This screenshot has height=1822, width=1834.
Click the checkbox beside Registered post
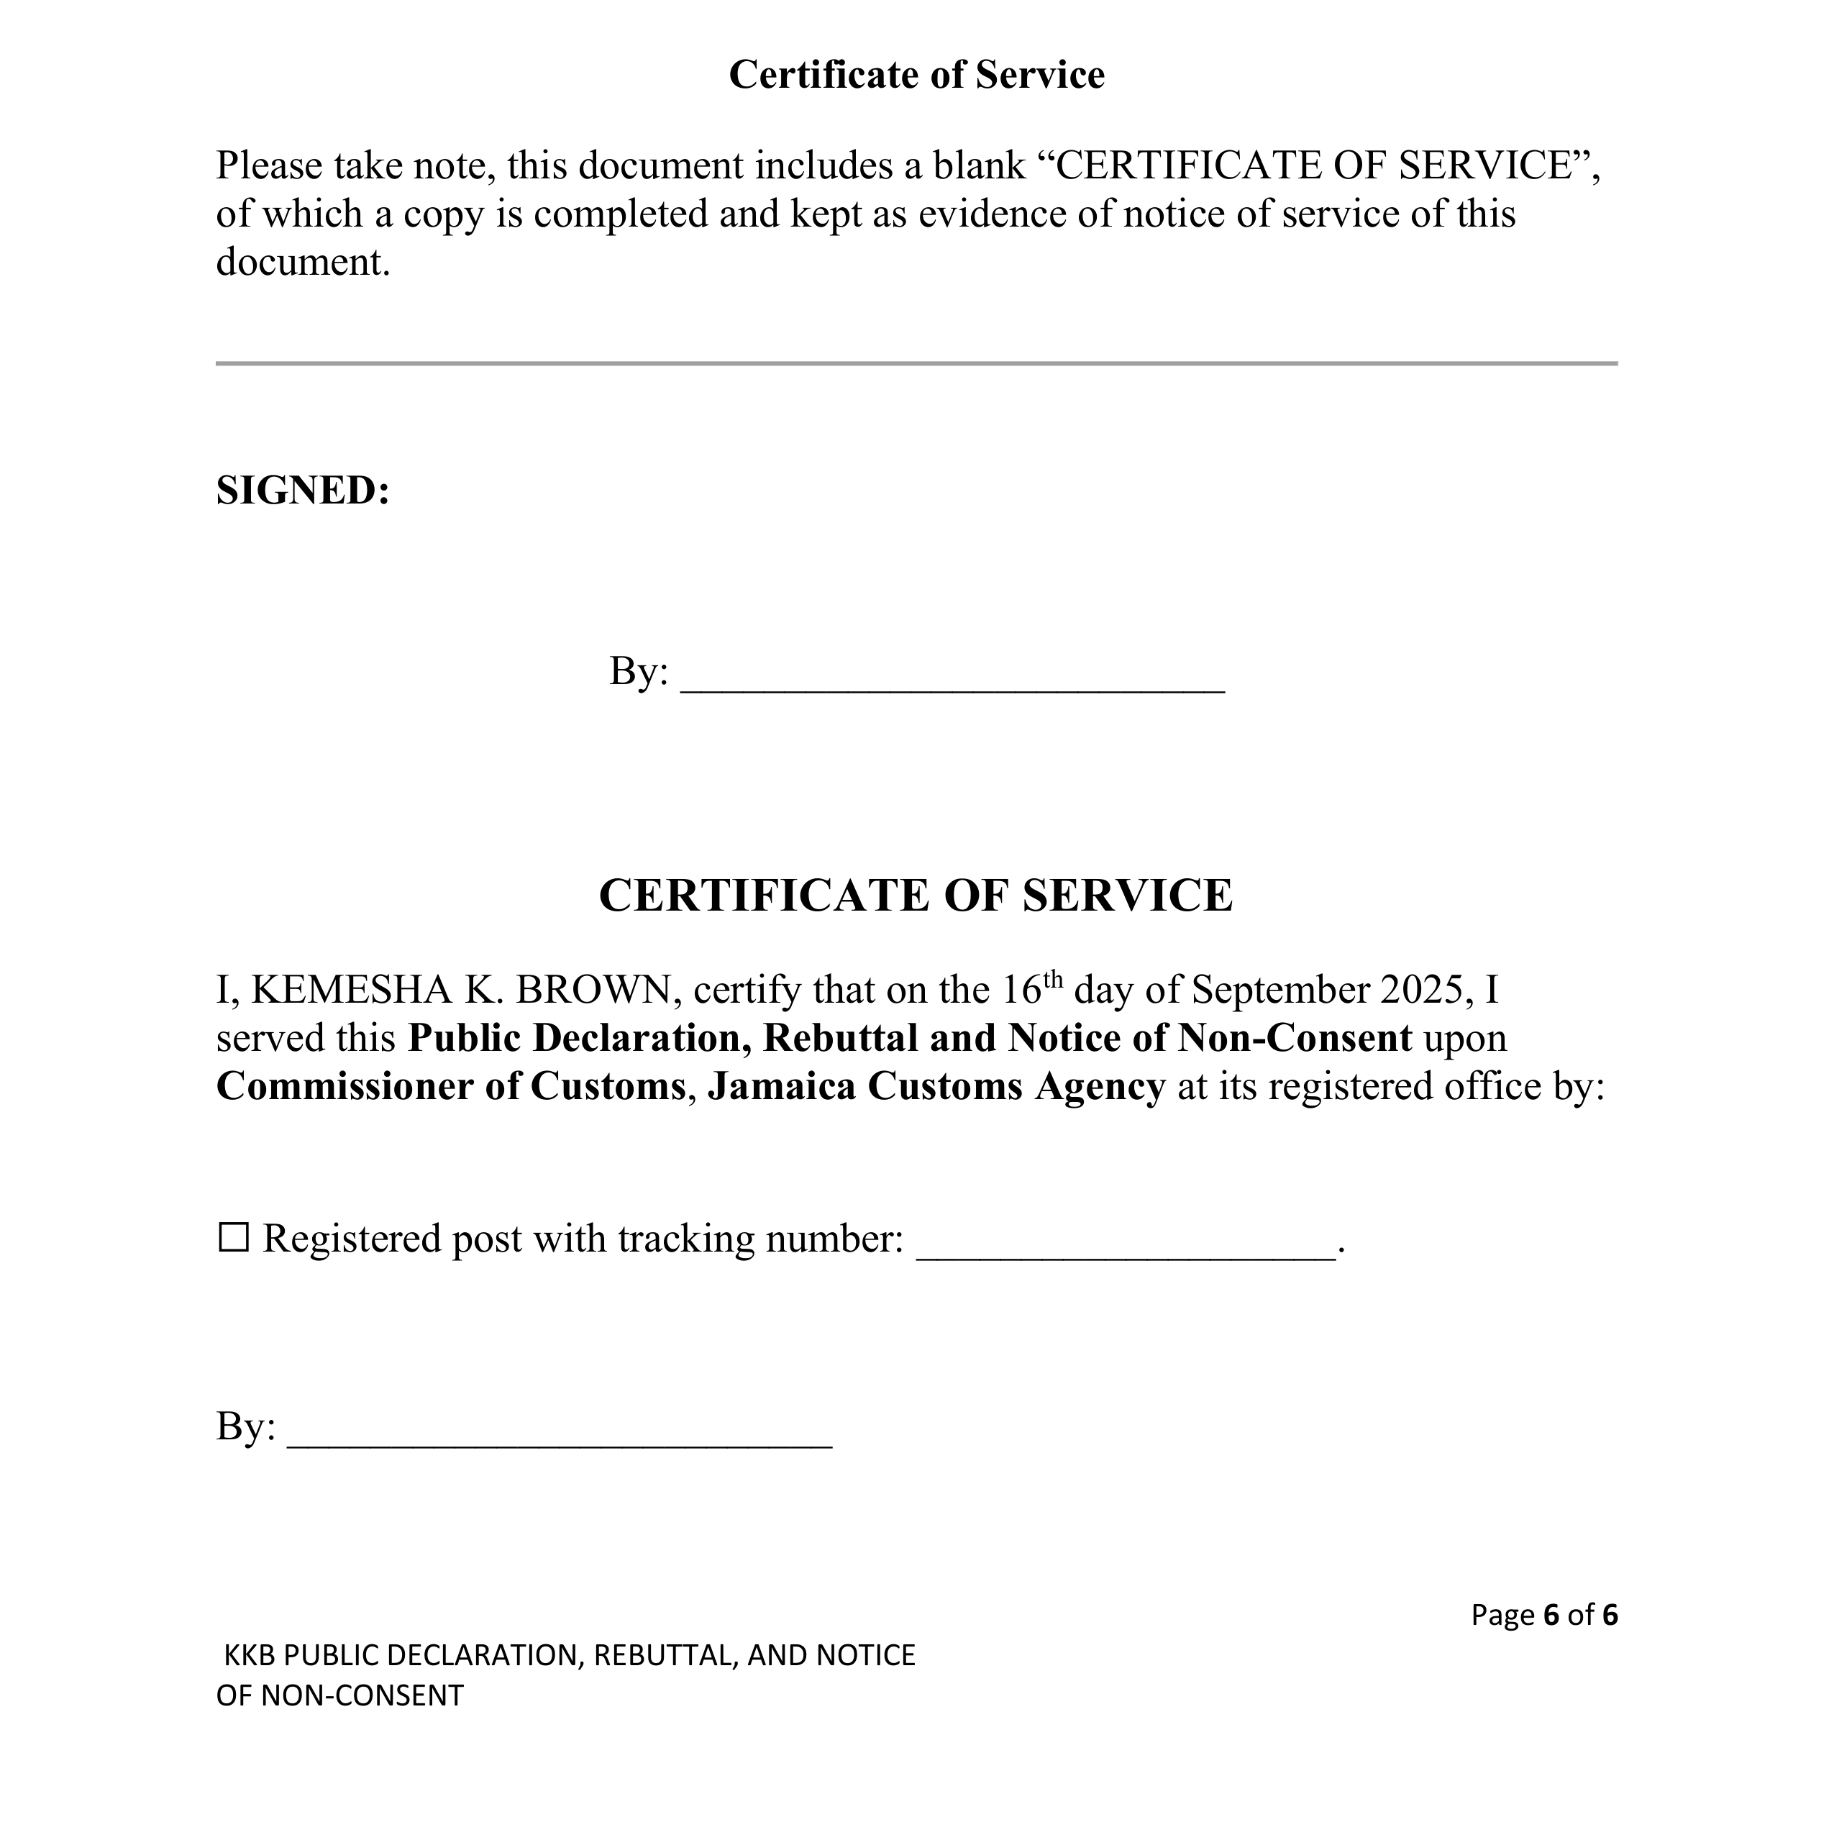pos(234,1238)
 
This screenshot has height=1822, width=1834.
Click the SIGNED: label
pos(303,491)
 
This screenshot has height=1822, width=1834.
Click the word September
pos(1279,990)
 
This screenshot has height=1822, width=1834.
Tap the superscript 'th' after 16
pos(1053,979)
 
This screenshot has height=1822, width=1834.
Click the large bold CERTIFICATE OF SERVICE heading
pos(916,896)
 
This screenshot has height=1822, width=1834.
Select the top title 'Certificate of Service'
pos(916,75)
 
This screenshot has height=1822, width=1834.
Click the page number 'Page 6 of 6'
pos(1543,1615)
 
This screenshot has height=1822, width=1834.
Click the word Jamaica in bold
pos(781,1087)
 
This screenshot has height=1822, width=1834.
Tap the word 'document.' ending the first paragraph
pos(303,263)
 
